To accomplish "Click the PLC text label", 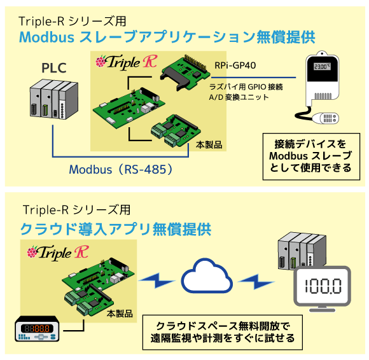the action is [54, 68].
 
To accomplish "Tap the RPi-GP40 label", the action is [235, 66].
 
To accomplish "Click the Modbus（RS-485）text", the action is [121, 169].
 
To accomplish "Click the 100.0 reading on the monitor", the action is [323, 286].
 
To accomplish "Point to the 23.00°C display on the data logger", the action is [322, 66].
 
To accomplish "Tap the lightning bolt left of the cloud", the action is [157, 280].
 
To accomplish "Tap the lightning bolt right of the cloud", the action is [256, 281].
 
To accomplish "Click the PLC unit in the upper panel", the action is [54, 99].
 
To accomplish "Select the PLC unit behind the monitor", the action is [302, 251].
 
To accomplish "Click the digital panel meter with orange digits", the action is [37, 329].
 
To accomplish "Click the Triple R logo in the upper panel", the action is [127, 62].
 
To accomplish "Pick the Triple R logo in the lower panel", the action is [58, 253].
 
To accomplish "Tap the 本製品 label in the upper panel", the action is [209, 145].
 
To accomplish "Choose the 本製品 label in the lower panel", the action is [120, 314].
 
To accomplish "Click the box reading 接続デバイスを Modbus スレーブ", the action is [311, 156].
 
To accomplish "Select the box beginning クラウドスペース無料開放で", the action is [223, 332].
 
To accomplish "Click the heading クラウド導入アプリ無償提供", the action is [116, 229].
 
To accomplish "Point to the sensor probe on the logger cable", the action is [326, 118].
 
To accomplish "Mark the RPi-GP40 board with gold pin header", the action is [185, 73].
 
